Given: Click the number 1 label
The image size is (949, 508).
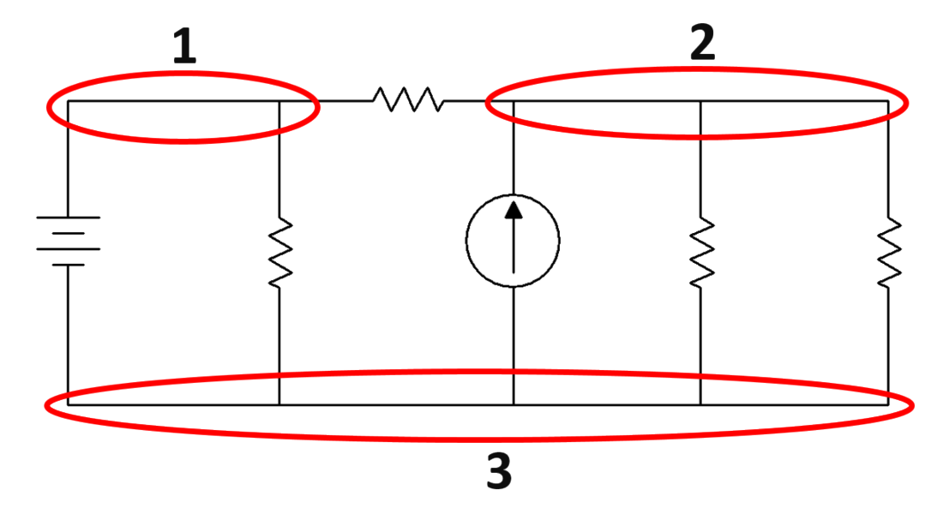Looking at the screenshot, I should pos(184,47).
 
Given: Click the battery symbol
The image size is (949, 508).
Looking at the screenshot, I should pos(69,241).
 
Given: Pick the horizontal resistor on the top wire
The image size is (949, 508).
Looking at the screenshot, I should pos(408,100).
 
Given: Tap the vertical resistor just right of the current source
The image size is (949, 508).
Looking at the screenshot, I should pos(702,250).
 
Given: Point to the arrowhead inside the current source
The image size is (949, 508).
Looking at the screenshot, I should pos(513,208).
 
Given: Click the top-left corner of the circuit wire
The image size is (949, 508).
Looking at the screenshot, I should pos(67,101).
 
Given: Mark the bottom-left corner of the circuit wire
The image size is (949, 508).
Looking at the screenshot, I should pos(67,403).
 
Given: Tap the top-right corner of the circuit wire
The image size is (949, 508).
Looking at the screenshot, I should pos(889,101).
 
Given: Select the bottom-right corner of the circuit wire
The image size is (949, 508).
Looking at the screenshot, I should pos(889,403).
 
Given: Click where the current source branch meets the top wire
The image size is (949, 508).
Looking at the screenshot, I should pos(513,101).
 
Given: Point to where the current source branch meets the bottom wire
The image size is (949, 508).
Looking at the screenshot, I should pos(513,403).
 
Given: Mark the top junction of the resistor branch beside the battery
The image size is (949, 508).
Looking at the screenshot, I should pos(280,101).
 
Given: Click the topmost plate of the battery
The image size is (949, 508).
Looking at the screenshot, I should pos(69,217).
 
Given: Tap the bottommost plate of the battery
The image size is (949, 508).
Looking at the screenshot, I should pos(69,266).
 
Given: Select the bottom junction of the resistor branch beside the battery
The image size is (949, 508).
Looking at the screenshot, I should pos(280,403).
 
